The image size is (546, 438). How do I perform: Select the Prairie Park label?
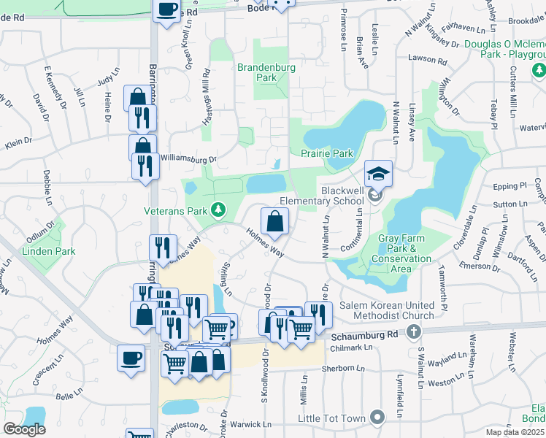coord(327,153)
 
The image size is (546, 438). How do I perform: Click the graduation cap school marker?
coord(378,173)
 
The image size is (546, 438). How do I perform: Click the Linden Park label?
coord(48,251)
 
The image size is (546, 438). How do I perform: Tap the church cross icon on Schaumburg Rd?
coord(414,333)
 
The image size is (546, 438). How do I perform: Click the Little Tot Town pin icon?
coord(377,418)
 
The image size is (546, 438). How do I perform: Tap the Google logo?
coord(24,429)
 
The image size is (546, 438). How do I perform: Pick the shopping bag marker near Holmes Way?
coord(274,221)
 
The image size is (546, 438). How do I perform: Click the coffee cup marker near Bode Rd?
coord(166,9)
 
